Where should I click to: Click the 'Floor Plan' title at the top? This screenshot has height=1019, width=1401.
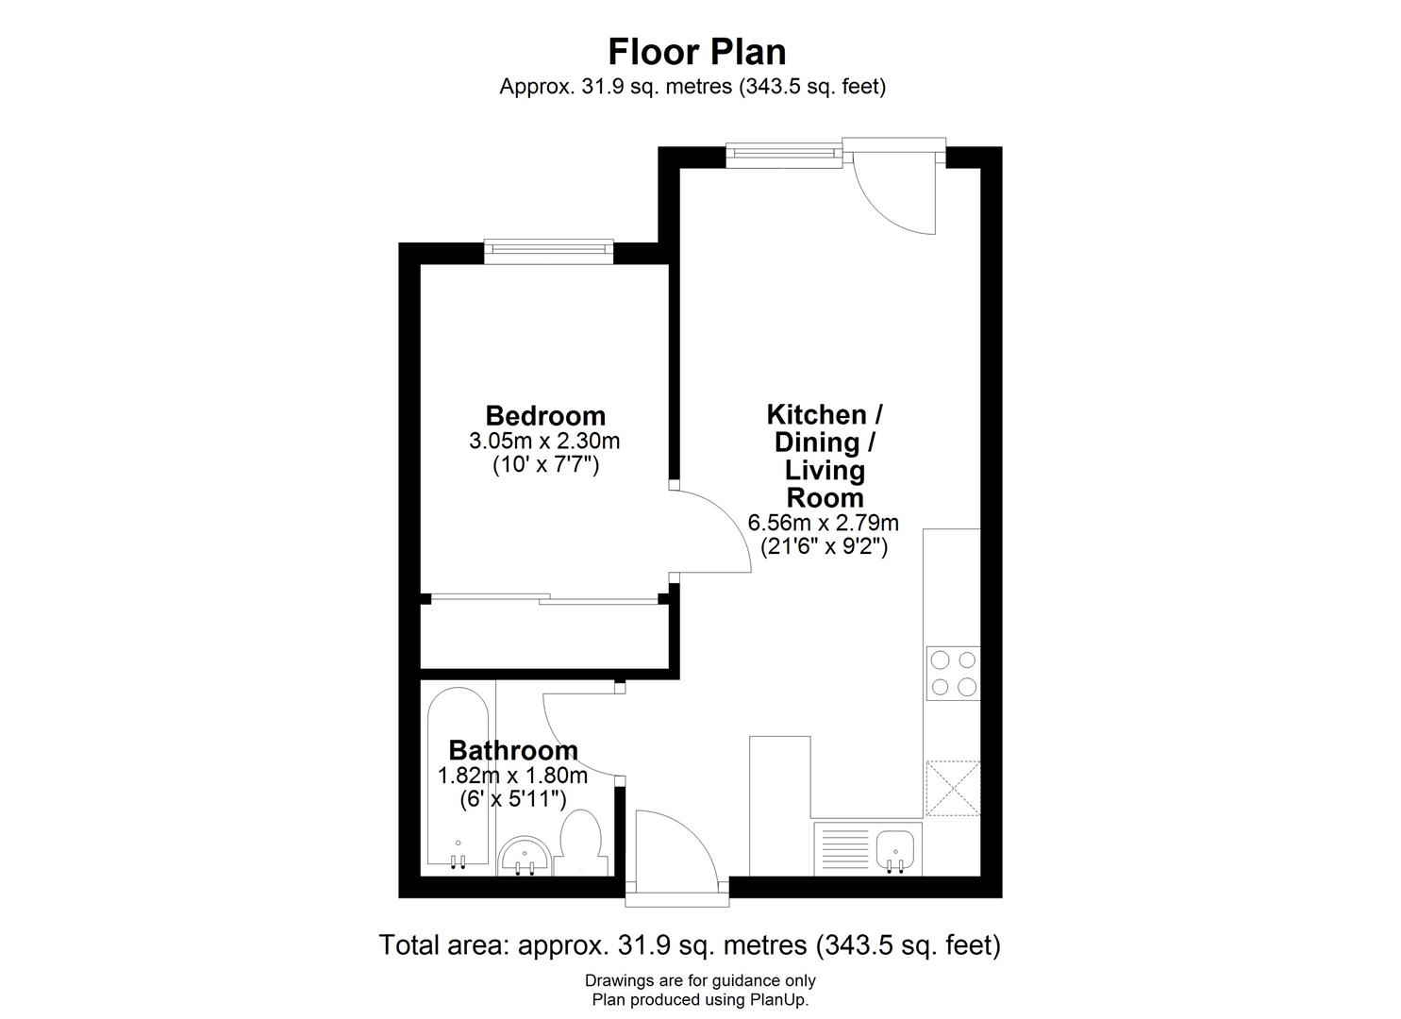pos(696,51)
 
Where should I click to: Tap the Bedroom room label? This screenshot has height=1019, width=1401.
pos(544,415)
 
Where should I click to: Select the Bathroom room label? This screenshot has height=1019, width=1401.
pos(512,750)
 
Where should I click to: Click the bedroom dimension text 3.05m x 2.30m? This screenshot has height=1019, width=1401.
pos(544,441)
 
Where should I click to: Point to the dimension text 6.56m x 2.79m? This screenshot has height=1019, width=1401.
pos(823,522)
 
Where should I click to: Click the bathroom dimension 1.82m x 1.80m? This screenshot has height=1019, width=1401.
pos(512,776)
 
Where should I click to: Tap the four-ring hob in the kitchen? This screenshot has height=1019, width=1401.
pos(952,673)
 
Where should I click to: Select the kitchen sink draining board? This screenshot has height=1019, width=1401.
pos(842,847)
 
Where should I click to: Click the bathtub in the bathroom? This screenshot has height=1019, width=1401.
pos(458,778)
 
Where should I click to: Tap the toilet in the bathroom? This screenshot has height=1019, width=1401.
pos(584,842)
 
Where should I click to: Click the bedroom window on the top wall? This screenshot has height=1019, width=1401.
pos(548,250)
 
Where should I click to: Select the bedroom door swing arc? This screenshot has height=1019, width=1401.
pos(712,531)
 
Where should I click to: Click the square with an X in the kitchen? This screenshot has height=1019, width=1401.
pos(953,788)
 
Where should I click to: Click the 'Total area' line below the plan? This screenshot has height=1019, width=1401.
pos(689,944)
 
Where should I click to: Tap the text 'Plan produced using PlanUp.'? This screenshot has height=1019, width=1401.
pos(699,999)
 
